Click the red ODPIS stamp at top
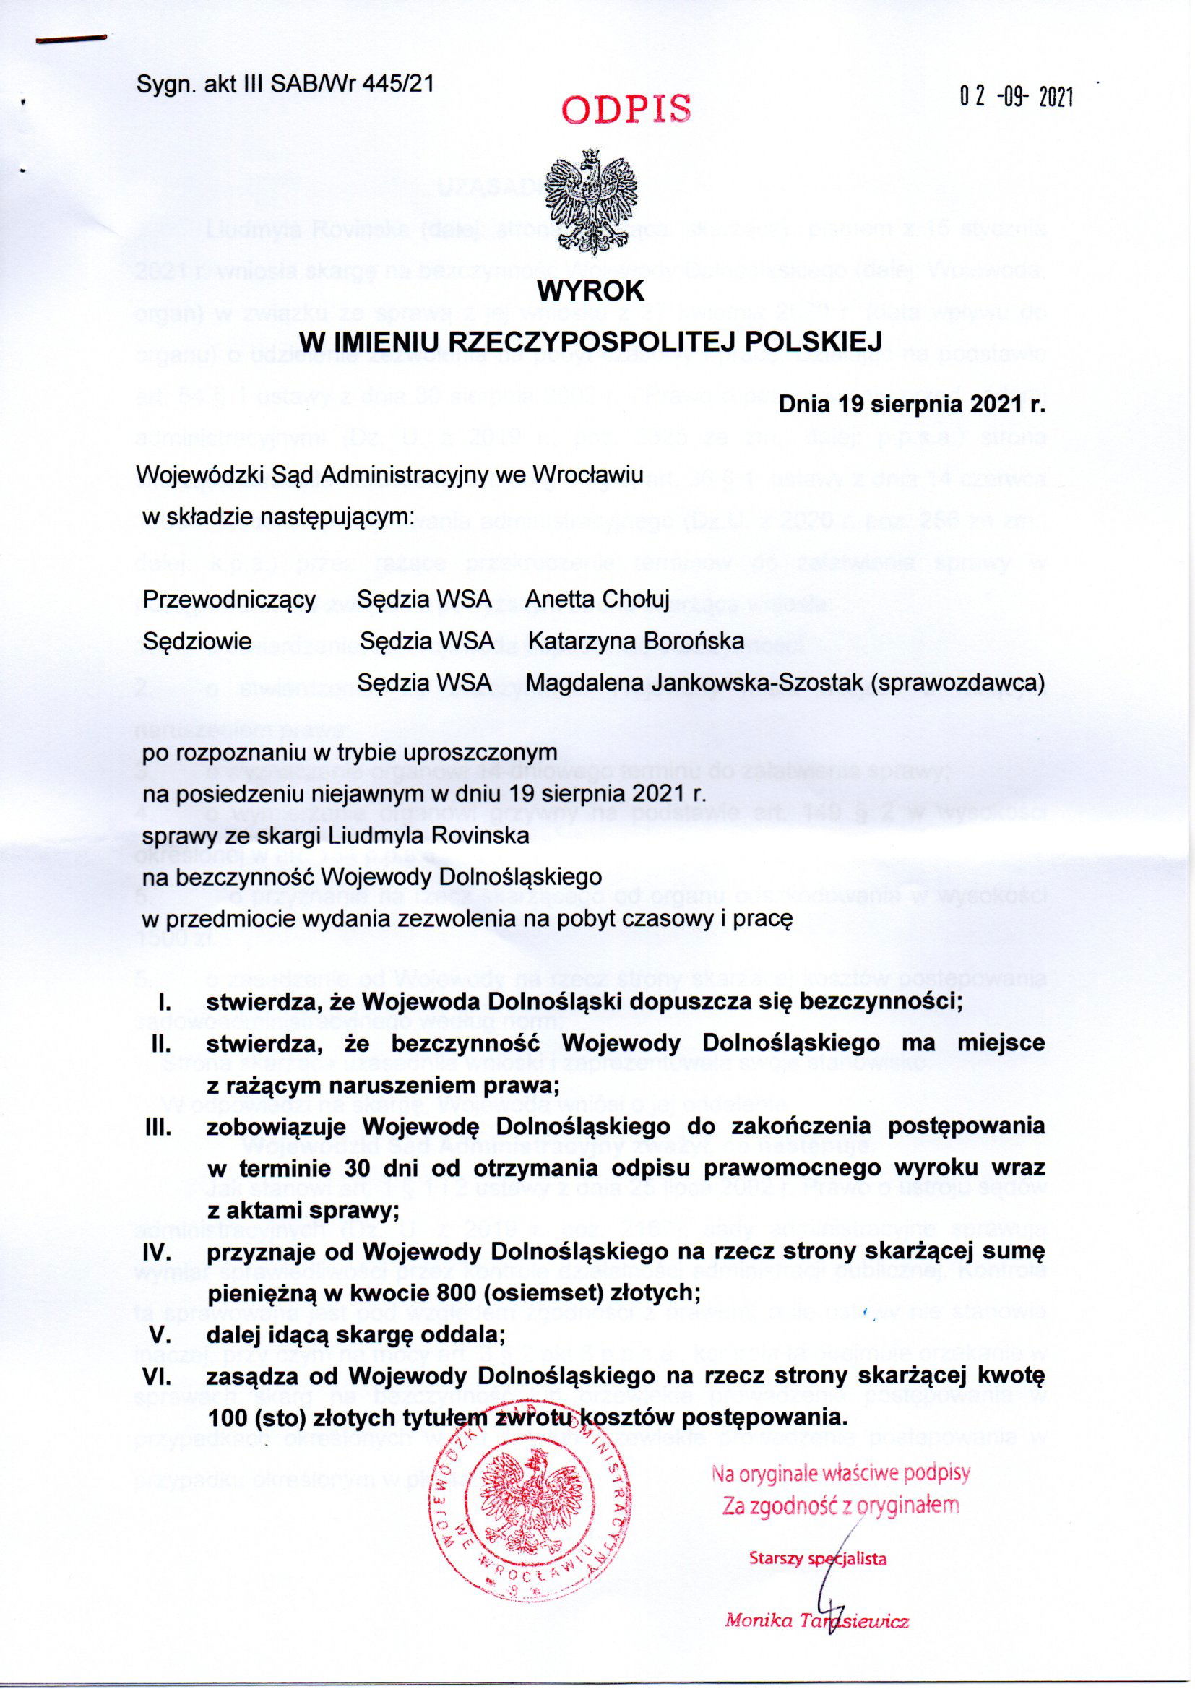[x=626, y=109]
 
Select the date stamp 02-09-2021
[x=1017, y=96]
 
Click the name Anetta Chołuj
[x=597, y=600]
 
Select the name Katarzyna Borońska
[x=636, y=641]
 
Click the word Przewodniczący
[x=230, y=600]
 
